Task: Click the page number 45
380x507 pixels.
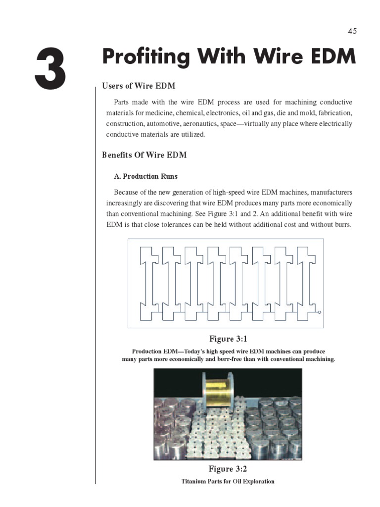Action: [352, 31]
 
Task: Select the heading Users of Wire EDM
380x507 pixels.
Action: [139, 86]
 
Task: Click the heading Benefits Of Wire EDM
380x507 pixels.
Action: [144, 155]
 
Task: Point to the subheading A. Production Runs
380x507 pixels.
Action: [145, 176]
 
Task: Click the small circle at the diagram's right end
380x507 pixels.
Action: [319, 312]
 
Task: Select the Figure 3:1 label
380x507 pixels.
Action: [228, 339]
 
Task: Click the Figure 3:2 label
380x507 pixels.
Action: [228, 468]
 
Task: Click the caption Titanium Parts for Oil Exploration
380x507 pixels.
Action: [228, 481]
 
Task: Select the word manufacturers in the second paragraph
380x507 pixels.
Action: [329, 192]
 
